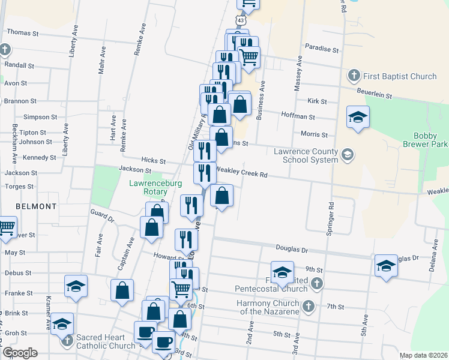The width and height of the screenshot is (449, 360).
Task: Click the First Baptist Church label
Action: pyautogui.click(x=400, y=76)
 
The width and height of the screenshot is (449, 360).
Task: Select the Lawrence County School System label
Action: pyautogui.click(x=306, y=156)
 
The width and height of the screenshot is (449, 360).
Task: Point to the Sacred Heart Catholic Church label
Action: pyautogui.click(x=106, y=341)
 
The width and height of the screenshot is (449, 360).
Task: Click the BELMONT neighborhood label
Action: pyautogui.click(x=36, y=206)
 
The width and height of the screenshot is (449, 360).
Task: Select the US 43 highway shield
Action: pyautogui.click(x=241, y=20)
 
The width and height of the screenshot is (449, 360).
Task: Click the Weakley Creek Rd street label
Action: pyautogui.click(x=241, y=173)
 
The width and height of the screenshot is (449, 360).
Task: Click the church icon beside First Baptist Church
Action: pyautogui.click(x=354, y=76)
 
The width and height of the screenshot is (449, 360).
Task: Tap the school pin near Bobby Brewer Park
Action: pyautogui.click(x=358, y=118)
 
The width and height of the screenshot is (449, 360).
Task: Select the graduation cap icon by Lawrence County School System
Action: pyautogui.click(x=346, y=156)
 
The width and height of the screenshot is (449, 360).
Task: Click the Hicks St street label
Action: pyautogui.click(x=154, y=161)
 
